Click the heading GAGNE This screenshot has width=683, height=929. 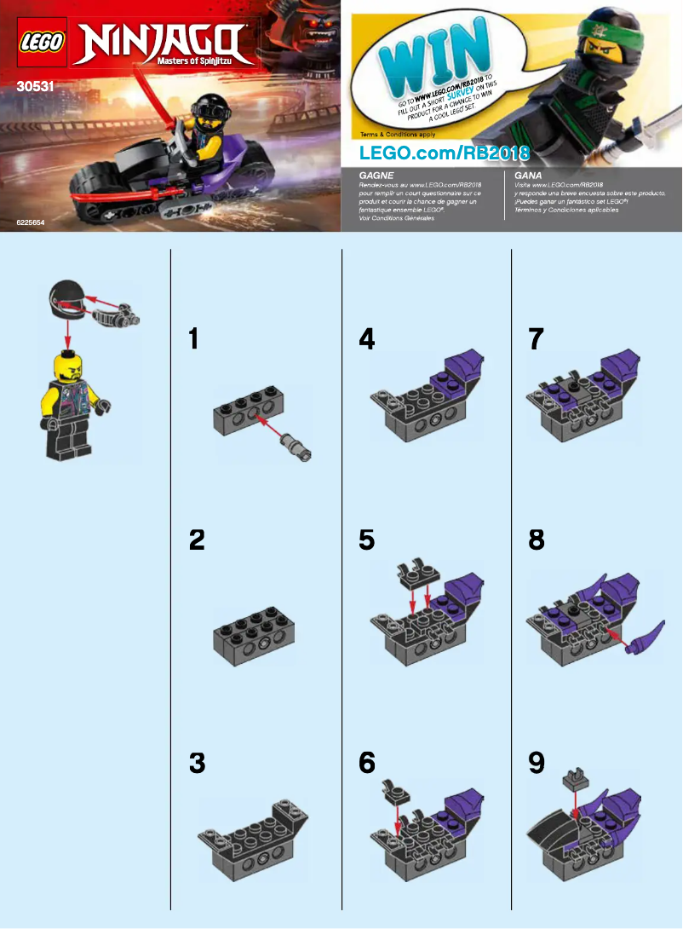377,174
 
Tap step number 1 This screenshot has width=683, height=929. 194,339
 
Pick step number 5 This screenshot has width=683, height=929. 367,540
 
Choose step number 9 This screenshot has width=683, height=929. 536,763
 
